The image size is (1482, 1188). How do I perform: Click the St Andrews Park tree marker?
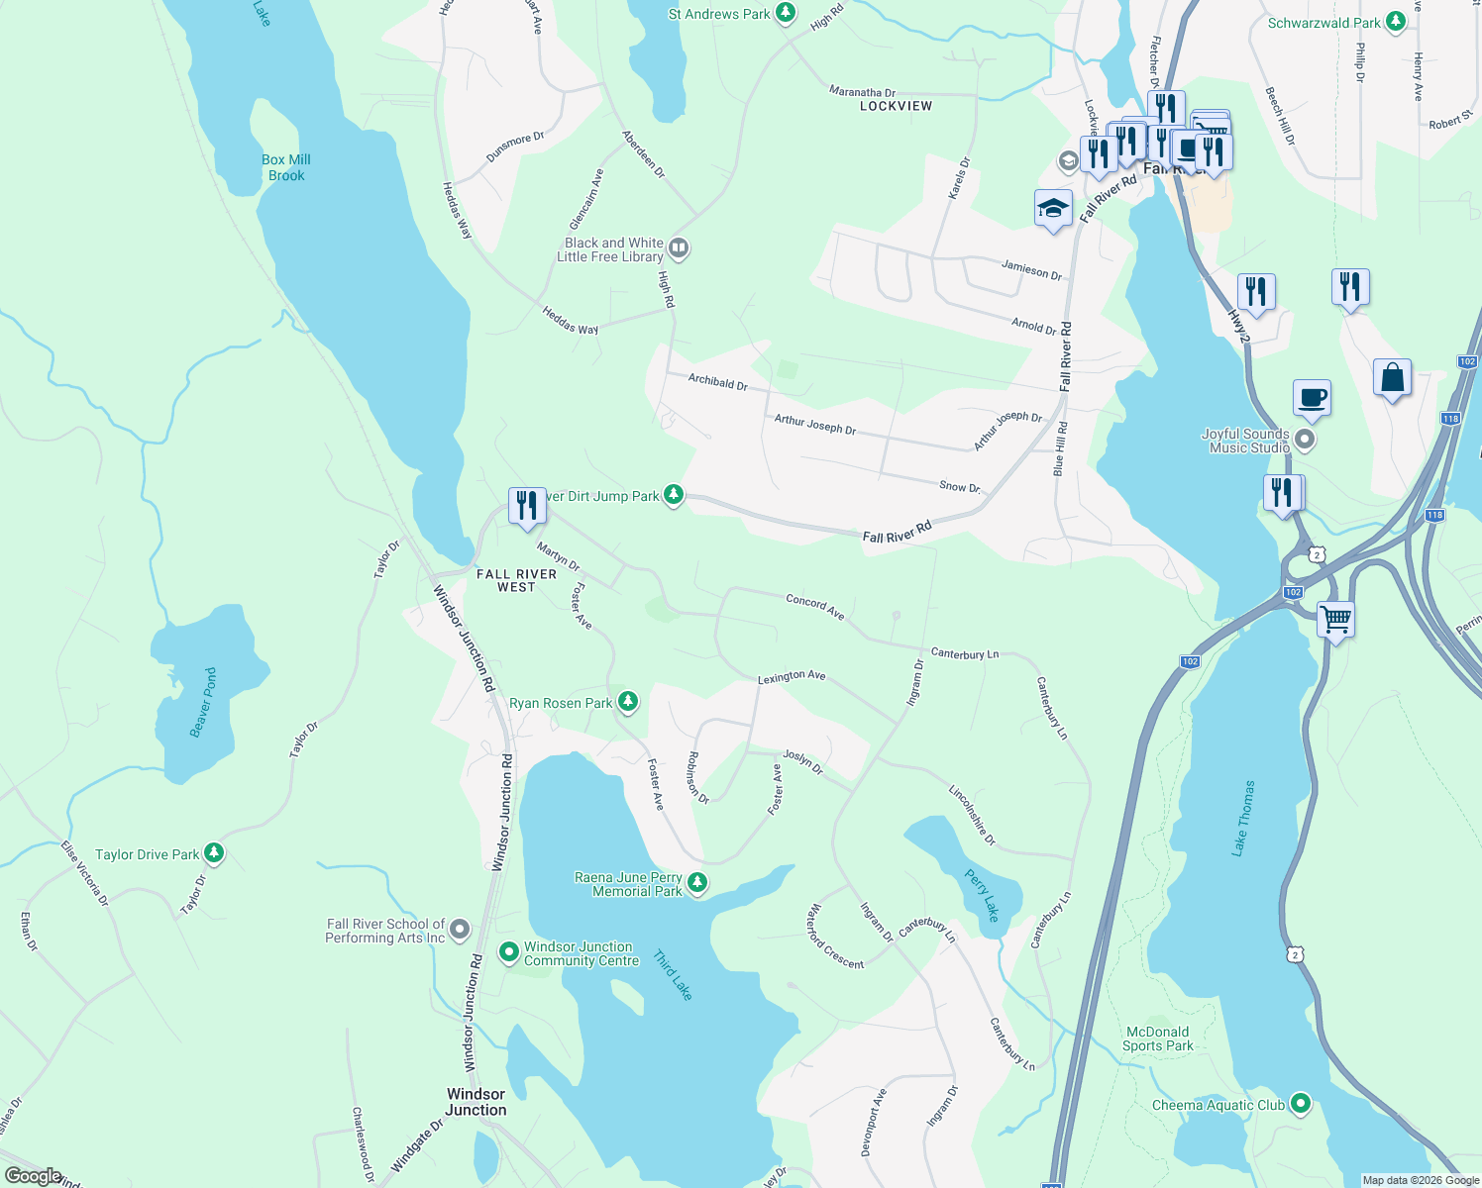[x=786, y=13]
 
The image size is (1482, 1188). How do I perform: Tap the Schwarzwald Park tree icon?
[x=1396, y=21]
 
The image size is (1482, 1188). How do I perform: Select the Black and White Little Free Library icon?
[x=679, y=247]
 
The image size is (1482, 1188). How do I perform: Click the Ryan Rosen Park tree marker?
[x=627, y=702]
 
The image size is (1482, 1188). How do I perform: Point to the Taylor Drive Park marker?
[x=214, y=853]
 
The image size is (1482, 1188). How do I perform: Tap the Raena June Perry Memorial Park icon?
[x=697, y=882]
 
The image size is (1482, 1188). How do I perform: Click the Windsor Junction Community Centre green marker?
[x=509, y=952]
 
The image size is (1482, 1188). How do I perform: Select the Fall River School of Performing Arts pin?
[x=460, y=930]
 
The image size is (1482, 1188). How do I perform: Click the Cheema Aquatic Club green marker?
[x=1301, y=1104]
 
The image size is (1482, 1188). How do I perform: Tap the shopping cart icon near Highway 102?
[x=1335, y=620]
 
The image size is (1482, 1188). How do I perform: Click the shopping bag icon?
[x=1392, y=377]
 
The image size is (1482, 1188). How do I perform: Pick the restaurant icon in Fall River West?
[x=527, y=505]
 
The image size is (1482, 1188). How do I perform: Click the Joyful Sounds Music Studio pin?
[x=1306, y=440]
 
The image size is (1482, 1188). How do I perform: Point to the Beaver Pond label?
[x=203, y=702]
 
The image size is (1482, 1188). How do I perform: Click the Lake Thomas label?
[x=1243, y=817]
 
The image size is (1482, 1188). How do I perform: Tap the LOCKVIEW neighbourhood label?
[x=896, y=106]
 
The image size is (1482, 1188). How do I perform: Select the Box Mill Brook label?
[x=286, y=167]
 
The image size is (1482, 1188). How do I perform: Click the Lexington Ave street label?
[x=792, y=677]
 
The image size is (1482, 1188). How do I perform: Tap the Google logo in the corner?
[x=34, y=1176]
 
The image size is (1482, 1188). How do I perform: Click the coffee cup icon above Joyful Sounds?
[x=1312, y=398]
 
